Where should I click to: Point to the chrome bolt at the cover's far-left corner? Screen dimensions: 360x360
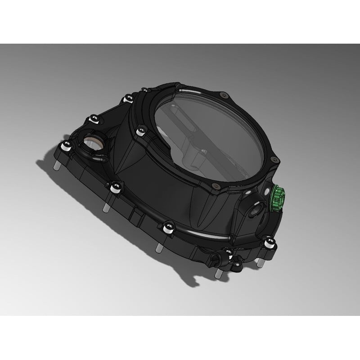[66, 145]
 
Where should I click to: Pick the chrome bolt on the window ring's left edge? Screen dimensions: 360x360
[141, 131]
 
